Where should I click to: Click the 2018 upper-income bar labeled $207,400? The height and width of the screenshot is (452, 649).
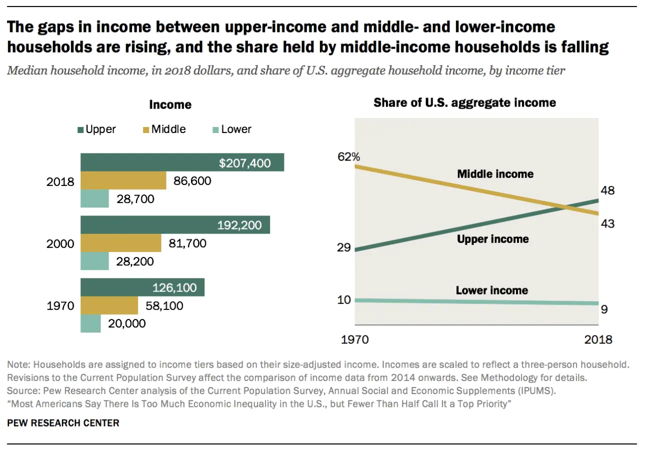tap(182, 162)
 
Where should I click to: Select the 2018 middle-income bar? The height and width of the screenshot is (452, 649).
tap(123, 180)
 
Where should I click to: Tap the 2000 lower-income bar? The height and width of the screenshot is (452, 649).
tap(94, 260)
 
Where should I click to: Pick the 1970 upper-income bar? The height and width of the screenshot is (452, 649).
tap(142, 287)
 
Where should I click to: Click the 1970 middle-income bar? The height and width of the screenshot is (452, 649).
tap(109, 305)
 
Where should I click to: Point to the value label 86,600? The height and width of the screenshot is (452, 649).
tap(191, 180)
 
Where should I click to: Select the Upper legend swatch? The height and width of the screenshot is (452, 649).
tap(80, 129)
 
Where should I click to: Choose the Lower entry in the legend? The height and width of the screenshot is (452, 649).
tap(231, 129)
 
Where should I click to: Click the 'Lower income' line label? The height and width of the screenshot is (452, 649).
tap(492, 290)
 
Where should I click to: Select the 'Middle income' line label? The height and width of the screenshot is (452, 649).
tap(495, 174)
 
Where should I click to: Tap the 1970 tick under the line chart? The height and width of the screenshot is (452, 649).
tap(355, 339)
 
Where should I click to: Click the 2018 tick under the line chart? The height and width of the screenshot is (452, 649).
tap(598, 339)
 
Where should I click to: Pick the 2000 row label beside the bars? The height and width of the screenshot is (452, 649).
tap(60, 244)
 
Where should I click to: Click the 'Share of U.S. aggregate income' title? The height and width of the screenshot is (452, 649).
tap(465, 103)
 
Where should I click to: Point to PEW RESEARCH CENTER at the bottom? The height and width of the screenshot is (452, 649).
tap(63, 423)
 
